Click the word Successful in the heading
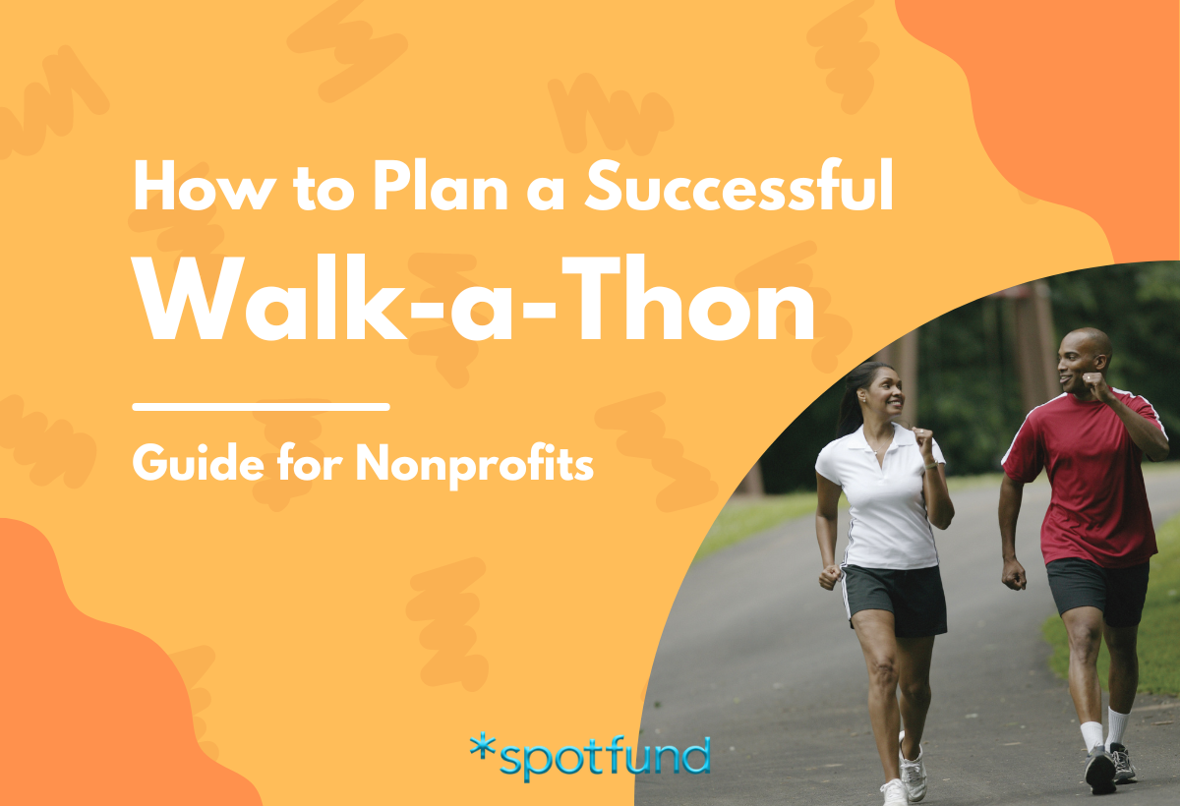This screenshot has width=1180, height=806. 738,188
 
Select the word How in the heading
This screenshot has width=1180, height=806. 197,188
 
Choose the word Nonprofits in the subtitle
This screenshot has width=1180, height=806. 474,460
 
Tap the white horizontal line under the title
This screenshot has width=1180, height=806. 261,405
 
